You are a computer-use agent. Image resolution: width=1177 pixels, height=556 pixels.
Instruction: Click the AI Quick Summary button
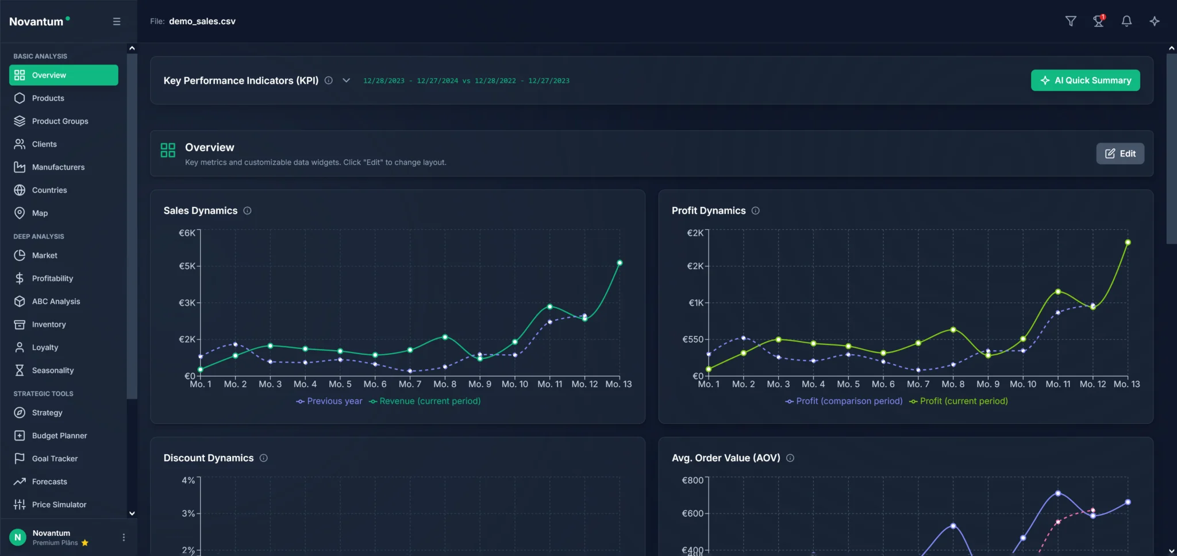pos(1085,80)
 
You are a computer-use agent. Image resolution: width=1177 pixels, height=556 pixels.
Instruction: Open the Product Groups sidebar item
pos(60,121)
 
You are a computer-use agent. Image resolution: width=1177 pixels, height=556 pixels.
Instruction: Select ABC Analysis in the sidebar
pos(56,301)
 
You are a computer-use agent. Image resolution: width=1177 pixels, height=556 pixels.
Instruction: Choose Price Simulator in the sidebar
pos(59,504)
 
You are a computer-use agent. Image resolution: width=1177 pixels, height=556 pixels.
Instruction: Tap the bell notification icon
pos(1126,21)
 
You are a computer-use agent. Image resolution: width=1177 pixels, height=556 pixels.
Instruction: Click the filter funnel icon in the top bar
pos(1071,21)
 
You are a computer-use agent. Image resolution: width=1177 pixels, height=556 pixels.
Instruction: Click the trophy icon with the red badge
pos(1098,21)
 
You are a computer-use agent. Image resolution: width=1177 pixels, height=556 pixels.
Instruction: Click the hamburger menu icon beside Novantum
pos(117,21)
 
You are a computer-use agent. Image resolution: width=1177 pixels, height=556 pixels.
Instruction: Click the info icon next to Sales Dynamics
pos(247,210)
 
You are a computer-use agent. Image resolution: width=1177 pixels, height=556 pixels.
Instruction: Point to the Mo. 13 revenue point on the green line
pos(620,263)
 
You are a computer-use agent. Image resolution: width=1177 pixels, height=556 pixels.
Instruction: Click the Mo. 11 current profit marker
pos(1058,292)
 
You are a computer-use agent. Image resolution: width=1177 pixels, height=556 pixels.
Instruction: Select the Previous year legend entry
pos(329,401)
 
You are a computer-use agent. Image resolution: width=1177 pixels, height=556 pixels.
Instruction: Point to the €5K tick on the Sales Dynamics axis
pos(187,266)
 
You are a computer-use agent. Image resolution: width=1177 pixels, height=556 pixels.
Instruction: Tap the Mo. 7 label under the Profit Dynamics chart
pos(918,384)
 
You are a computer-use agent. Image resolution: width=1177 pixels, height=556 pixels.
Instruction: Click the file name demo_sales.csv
pos(202,21)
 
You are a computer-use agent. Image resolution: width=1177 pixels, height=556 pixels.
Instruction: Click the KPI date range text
pos(466,81)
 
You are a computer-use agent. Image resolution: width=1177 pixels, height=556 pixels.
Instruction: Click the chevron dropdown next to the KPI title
pos(346,80)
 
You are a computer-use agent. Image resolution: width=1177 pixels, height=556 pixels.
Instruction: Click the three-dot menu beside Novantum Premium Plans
pos(124,537)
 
